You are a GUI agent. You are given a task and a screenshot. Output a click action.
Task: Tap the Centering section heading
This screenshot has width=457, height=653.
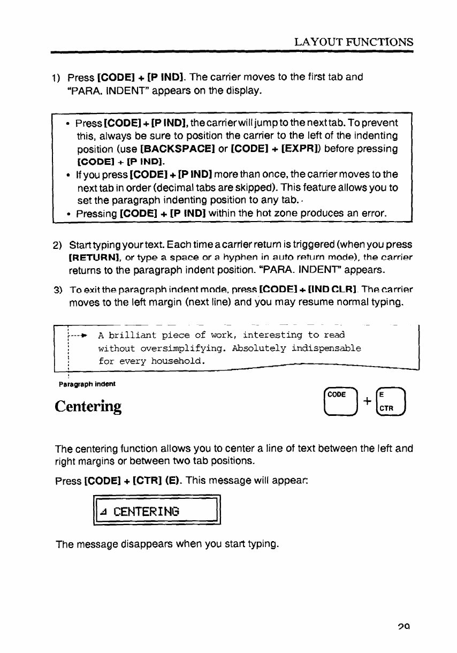(x=88, y=406)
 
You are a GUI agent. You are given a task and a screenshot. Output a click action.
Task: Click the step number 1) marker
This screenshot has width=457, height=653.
(x=56, y=78)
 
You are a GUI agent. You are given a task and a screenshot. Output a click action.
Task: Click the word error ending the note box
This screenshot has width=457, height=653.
(x=372, y=199)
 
